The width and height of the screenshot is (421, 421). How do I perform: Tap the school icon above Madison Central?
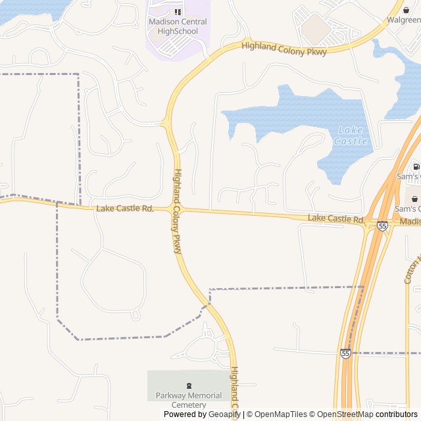[x=178, y=12]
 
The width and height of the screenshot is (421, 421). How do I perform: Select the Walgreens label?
[x=404, y=20]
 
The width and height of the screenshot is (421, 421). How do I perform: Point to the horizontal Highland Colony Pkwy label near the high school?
[x=284, y=49]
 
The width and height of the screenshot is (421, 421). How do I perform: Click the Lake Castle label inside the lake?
[x=351, y=136]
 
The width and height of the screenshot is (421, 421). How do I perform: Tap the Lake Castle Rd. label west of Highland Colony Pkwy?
[x=125, y=209]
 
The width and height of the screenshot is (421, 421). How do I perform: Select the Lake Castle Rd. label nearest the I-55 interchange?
[x=336, y=218]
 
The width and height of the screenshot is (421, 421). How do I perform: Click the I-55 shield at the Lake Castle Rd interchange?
[x=382, y=226]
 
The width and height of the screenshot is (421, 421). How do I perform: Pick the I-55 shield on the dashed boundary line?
[x=345, y=353]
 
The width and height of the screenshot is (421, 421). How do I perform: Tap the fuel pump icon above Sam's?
[x=416, y=166]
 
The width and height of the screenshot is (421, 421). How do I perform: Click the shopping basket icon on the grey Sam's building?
[x=414, y=198]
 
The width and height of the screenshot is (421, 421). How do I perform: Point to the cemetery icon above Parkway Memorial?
[x=190, y=385]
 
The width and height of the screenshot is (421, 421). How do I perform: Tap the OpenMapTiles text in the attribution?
[x=280, y=414]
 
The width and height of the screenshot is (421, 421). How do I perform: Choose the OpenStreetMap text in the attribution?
[x=345, y=414]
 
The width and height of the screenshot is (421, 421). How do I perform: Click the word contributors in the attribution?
[x=397, y=414]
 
